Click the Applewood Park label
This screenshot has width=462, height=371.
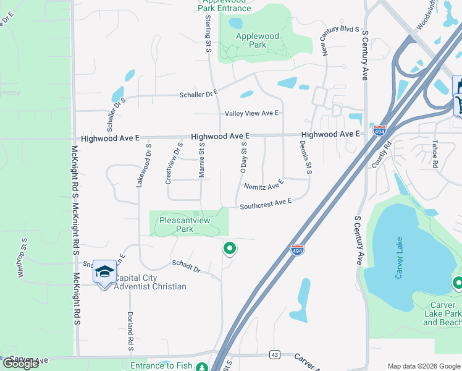coord(258,40)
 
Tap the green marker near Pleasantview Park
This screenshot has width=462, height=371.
coord(229,249)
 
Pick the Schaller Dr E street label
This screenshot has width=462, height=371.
coord(199,93)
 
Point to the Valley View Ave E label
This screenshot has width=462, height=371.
coord(252,113)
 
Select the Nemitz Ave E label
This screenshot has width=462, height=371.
coord(264,185)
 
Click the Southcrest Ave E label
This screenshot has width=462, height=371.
coord(265,203)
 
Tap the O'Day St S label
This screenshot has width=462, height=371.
coord(243,157)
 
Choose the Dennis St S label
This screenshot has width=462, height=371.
coord(306,161)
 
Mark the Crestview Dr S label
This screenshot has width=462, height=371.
coord(174,164)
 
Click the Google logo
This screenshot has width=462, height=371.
coord(20,364)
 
